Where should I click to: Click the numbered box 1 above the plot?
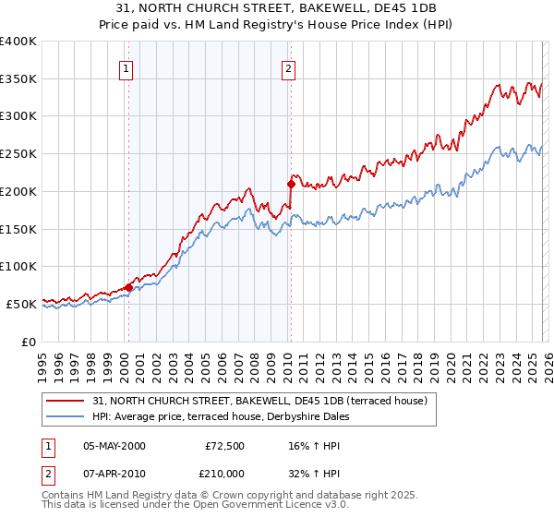pyautogui.click(x=126, y=67)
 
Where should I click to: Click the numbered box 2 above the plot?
pyautogui.click(x=289, y=67)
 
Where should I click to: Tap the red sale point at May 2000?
pyautogui.click(x=128, y=287)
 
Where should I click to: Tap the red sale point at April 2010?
pyautogui.click(x=291, y=184)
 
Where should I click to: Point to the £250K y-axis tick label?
pyautogui.click(x=18, y=154)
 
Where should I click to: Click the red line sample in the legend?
pyautogui.click(x=66, y=402)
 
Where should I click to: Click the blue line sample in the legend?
pyautogui.click(x=66, y=417)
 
